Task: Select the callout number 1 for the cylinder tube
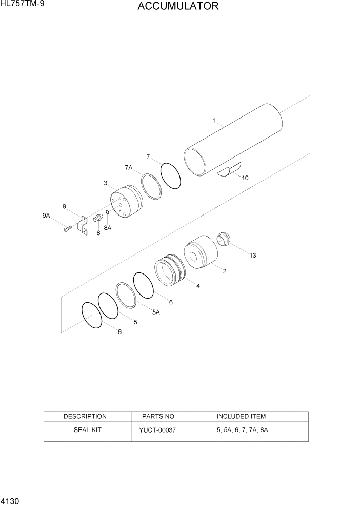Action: coord(213,121)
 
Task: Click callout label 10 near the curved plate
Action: coord(245,178)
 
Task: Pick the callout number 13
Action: coord(252,255)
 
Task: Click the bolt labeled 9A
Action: coord(67,229)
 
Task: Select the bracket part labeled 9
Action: coord(81,226)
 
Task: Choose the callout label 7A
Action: coord(128,168)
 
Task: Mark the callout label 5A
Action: coord(156,311)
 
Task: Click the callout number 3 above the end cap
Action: coord(105,183)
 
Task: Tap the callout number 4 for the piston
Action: coord(198,286)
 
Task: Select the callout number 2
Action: coord(225,271)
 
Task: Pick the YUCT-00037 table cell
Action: coord(157,429)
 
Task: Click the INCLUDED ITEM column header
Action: coord(241,416)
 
